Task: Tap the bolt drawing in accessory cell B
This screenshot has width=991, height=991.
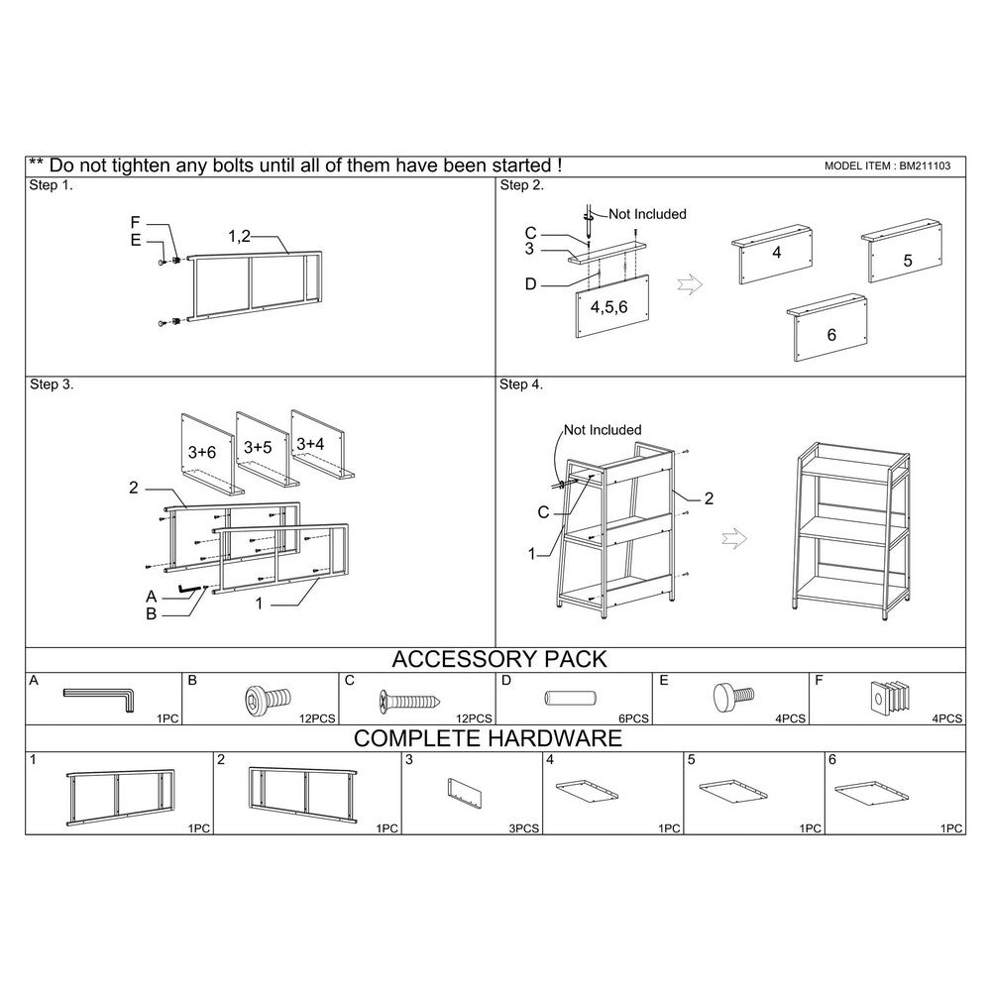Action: click(x=268, y=699)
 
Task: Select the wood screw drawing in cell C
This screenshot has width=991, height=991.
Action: click(x=409, y=701)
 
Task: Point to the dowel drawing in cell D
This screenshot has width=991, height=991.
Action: click(x=570, y=699)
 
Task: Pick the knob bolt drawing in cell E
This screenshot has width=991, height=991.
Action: click(x=733, y=696)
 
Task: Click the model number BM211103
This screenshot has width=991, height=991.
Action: click(x=925, y=166)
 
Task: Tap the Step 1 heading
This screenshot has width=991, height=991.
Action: click(x=52, y=185)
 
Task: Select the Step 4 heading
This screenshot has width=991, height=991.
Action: click(x=521, y=385)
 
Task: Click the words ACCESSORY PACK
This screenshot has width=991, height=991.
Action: click(x=499, y=659)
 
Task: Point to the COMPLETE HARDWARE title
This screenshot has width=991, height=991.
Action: click(x=488, y=738)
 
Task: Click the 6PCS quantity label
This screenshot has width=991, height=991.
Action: click(x=633, y=718)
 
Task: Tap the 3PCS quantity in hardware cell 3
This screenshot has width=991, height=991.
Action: click(x=524, y=828)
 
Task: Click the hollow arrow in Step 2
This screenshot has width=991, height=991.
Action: click(x=690, y=284)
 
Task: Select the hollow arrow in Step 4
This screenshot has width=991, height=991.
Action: click(x=734, y=538)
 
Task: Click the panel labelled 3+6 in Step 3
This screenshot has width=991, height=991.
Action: click(x=208, y=455)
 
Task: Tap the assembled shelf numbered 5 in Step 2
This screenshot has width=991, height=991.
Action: click(x=902, y=251)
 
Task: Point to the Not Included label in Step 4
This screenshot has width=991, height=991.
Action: click(x=603, y=430)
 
